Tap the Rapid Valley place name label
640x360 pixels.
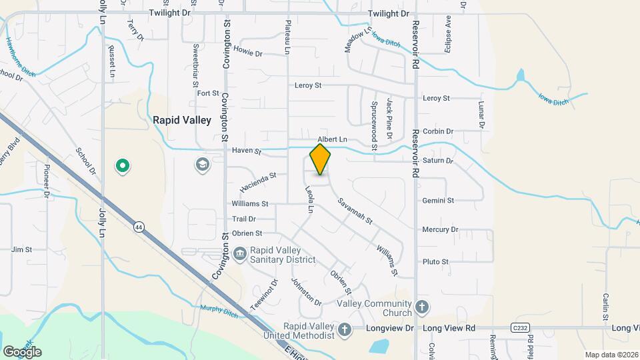tap(182, 120)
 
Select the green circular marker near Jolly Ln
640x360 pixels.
tap(122, 165)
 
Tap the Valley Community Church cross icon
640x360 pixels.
tap(421, 307)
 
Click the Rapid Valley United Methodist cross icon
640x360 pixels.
tap(344, 329)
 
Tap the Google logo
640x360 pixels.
tap(22, 351)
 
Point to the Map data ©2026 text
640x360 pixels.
tap(611, 355)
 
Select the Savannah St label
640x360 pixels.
tap(355, 211)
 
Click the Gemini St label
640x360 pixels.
tap(438, 200)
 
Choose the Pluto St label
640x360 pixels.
tap(435, 261)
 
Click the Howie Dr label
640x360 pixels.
tap(248, 53)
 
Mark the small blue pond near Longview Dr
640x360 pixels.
tap(379, 346)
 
